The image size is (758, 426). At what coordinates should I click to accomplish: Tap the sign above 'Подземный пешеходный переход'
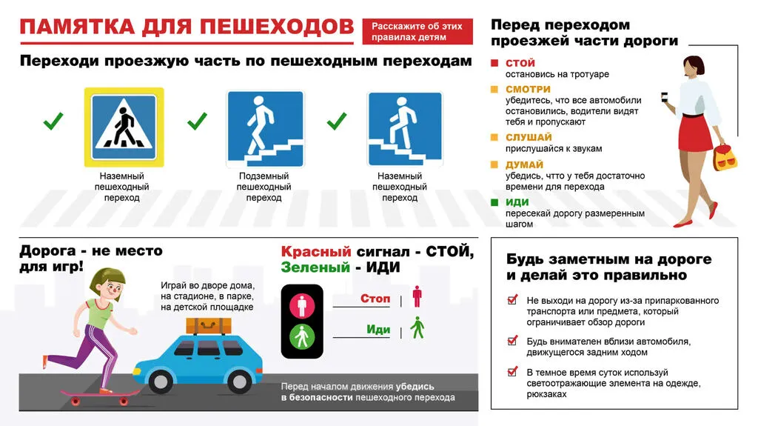264,127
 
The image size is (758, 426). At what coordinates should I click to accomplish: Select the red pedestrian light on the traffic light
301,303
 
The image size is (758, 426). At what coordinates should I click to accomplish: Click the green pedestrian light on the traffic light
301,338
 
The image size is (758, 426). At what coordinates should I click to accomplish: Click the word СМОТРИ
528,90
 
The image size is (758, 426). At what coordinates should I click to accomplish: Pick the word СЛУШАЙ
529,137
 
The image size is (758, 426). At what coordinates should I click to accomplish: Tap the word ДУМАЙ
524,164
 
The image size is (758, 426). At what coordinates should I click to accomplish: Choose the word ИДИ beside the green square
517,202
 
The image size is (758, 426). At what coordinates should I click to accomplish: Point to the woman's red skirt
695,132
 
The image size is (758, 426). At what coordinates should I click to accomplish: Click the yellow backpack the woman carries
723,158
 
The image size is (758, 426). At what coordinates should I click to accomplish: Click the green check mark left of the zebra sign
53,121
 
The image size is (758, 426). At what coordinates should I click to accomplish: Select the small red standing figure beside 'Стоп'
417,296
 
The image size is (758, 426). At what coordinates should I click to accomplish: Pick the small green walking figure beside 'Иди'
417,327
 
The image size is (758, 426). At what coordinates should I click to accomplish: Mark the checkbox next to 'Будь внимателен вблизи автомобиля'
512,342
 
